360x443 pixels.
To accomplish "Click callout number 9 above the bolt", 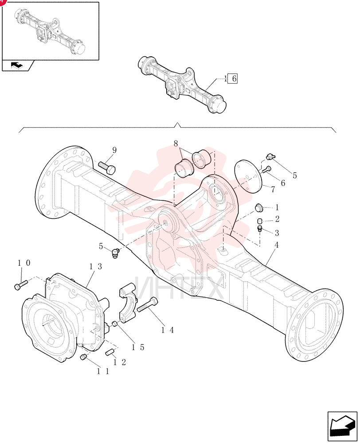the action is click(114, 150).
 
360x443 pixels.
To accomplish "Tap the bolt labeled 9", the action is click(107, 167).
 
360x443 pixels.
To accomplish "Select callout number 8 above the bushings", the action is click(176, 144).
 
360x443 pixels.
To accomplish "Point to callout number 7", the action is click(273, 189).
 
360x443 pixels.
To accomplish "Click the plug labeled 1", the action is click(259, 208).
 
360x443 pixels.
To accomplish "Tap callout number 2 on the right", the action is click(277, 219).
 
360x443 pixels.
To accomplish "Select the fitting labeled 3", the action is click(260, 229).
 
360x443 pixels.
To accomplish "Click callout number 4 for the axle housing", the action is click(276, 245).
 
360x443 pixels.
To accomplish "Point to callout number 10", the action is click(24, 263).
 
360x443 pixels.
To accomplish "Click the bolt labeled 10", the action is click(21, 284).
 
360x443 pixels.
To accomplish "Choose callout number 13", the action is click(95, 266).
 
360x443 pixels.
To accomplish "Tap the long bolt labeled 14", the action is click(148, 305).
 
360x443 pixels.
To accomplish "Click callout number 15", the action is click(138, 347).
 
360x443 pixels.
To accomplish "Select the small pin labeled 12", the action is click(110, 353).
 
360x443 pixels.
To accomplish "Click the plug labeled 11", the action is click(83, 358).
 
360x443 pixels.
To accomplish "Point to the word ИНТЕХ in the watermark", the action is click(179, 288).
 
